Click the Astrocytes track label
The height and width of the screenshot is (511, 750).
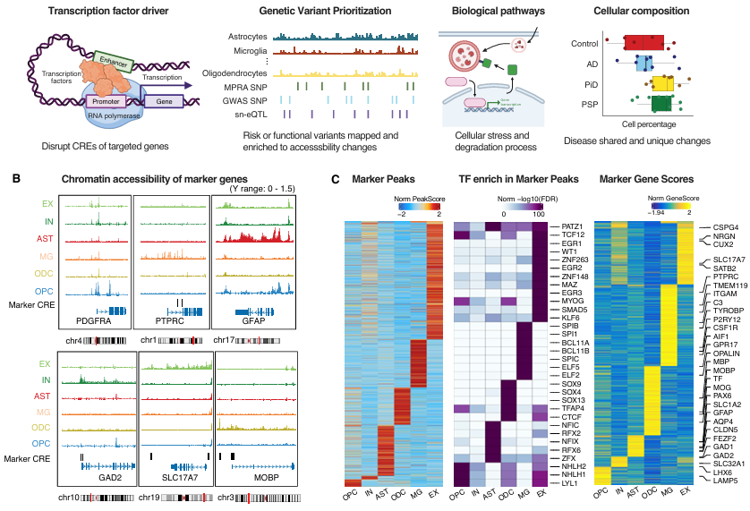coord(245,37)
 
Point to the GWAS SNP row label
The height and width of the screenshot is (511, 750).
coord(247,100)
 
